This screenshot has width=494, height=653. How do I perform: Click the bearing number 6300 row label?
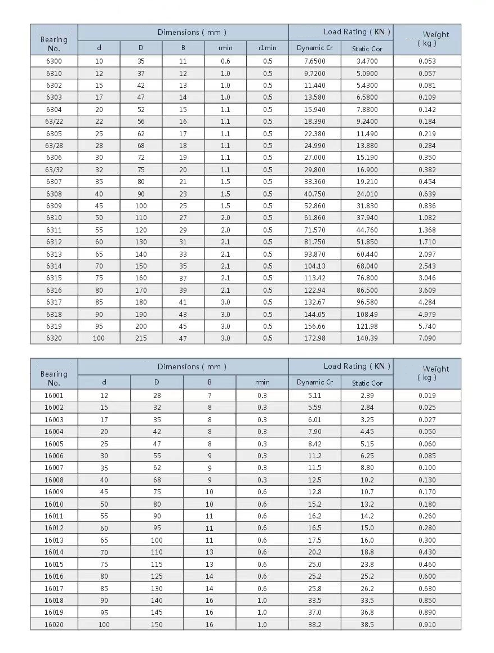pyautogui.click(x=54, y=61)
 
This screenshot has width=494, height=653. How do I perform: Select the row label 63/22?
pyautogui.click(x=54, y=122)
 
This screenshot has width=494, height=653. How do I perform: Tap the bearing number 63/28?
pyautogui.click(x=54, y=146)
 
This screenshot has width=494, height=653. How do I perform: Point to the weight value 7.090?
pyautogui.click(x=427, y=338)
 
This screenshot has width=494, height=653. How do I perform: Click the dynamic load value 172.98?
pyautogui.click(x=314, y=338)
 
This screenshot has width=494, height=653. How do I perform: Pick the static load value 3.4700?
pyautogui.click(x=367, y=61)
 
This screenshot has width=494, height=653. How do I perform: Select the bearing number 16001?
pyautogui.click(x=54, y=396)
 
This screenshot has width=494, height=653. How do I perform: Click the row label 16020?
pyautogui.click(x=54, y=625)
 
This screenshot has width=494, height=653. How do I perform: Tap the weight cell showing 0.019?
pyautogui.click(x=427, y=396)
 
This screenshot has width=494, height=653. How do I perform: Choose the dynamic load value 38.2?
pyautogui.click(x=314, y=625)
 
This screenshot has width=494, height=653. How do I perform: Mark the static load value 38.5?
pyautogui.click(x=367, y=625)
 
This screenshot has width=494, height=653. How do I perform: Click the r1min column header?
pyautogui.click(x=268, y=48)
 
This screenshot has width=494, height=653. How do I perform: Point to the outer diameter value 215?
pyautogui.click(x=141, y=338)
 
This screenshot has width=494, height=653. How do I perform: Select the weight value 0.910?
pyautogui.click(x=427, y=625)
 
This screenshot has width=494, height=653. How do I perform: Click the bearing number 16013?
pyautogui.click(x=54, y=540)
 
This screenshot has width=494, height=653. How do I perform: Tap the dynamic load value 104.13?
pyautogui.click(x=314, y=266)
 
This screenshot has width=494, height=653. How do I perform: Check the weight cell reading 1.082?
pyautogui.click(x=427, y=218)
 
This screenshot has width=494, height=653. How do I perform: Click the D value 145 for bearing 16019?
pyautogui.click(x=157, y=612)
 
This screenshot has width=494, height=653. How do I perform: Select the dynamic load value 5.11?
pyautogui.click(x=314, y=396)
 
